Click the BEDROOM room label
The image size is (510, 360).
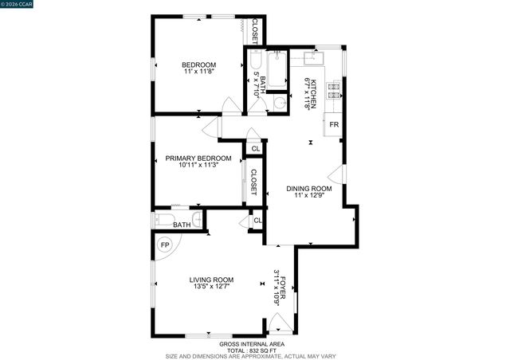(x=198, y=65)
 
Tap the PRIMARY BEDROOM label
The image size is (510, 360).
(x=198, y=158)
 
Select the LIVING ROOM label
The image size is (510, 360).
(x=211, y=279)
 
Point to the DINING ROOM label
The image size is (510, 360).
(x=312, y=189)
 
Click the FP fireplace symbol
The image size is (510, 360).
(x=165, y=245)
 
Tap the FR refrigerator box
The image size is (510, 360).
(x=335, y=126)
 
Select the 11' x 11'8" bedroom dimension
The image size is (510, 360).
(x=198, y=72)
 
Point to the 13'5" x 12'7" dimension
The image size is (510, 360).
(x=211, y=287)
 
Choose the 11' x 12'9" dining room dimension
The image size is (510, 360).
(x=312, y=196)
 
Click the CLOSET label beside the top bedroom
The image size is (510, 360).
(x=254, y=30)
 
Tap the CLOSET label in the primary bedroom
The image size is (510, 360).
(x=253, y=182)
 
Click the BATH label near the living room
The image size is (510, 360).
(x=182, y=225)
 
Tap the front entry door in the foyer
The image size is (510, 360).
(x=278, y=323)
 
